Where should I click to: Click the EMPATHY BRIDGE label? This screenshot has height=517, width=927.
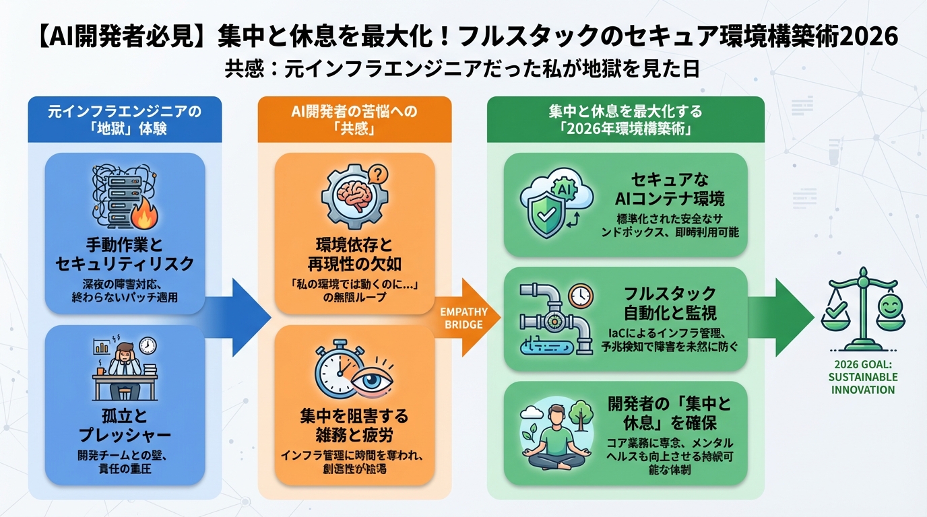point(460,318)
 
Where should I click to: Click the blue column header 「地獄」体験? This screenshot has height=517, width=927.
point(125,120)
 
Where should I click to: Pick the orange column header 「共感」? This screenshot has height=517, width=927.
point(354,120)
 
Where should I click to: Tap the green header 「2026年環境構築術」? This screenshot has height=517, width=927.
point(625,120)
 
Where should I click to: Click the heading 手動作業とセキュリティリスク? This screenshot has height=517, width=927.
point(125,254)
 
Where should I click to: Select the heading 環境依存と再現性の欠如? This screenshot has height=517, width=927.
point(354,254)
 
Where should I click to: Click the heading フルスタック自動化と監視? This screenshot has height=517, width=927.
point(670,304)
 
